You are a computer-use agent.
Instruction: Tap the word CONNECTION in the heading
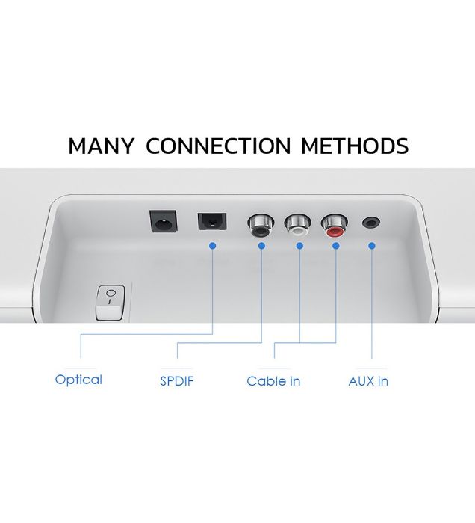coord(217,146)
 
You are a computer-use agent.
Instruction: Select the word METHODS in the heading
coord(355,146)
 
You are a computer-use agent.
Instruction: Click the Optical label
coord(78,380)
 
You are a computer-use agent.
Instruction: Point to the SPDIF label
coord(177,381)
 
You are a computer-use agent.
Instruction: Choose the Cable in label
coord(273,381)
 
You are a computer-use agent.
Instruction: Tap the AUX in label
coord(368,381)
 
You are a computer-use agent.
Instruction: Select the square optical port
coord(212,222)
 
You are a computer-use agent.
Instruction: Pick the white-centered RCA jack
coord(299,224)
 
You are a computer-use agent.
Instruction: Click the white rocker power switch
coord(111,302)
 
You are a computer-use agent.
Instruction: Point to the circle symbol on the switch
coord(111,294)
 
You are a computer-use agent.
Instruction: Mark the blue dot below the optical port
coord(213,245)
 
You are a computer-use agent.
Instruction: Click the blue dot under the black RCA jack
coord(262,245)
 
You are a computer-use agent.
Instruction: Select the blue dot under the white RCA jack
coord(299,245)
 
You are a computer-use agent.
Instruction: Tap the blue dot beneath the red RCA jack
coord(335,245)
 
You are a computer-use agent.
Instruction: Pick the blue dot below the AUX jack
coord(372,245)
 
